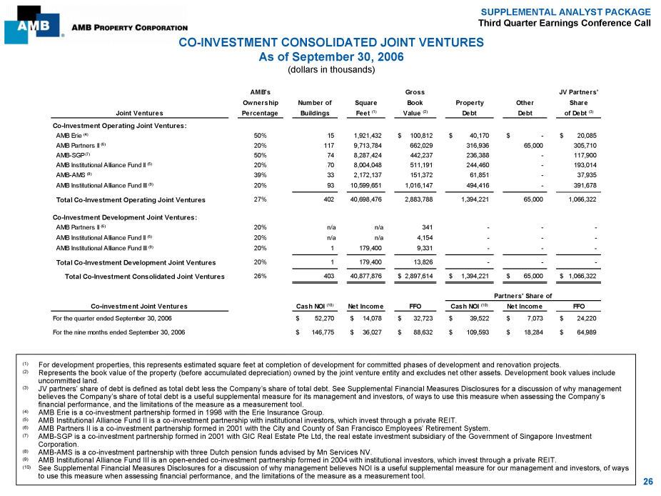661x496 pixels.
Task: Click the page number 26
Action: tap(647, 482)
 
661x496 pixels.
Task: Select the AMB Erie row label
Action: tap(71, 134)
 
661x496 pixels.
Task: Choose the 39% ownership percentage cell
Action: tap(260, 174)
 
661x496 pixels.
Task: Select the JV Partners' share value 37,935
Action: tap(585, 174)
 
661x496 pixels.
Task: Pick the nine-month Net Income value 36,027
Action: tap(370, 332)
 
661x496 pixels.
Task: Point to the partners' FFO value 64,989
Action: tap(585, 332)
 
